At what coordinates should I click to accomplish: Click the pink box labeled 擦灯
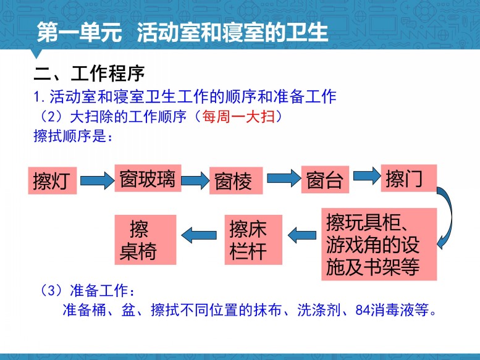point(53,180)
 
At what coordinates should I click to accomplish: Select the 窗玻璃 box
point(148,178)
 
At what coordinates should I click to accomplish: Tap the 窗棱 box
point(236,180)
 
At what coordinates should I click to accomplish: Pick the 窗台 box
point(325,180)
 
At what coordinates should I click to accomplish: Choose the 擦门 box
point(409,178)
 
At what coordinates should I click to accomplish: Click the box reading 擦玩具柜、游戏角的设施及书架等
point(379,245)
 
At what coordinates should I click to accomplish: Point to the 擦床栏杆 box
point(253,240)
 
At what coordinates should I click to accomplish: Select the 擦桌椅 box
point(145,240)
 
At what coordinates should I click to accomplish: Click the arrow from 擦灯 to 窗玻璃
point(97,180)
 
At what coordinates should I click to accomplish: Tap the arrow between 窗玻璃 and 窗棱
point(195,180)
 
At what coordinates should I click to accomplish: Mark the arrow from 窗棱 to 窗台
point(284,178)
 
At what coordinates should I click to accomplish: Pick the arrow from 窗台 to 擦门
point(367,176)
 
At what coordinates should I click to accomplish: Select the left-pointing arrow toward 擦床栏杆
point(302,235)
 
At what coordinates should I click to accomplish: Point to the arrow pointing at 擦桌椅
point(199,235)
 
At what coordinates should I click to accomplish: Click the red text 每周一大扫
point(238,116)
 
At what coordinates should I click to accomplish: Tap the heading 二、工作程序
point(89,73)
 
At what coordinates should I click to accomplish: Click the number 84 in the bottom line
point(363,310)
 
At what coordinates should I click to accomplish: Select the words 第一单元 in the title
point(79,32)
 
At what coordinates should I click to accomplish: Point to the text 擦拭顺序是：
point(74,136)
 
